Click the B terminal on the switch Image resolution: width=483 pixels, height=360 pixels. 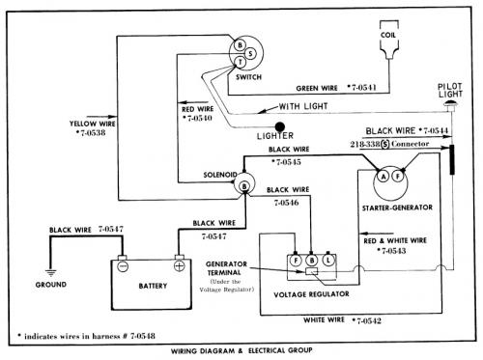[x=240, y=45]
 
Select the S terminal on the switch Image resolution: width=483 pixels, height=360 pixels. [x=250, y=54]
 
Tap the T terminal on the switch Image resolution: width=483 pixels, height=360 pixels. [x=241, y=62]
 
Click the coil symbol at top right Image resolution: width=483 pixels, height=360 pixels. [x=389, y=40]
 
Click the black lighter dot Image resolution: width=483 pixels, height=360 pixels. [x=279, y=127]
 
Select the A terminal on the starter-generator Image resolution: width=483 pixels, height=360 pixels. [x=384, y=177]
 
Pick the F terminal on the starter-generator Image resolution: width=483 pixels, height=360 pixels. [x=398, y=176]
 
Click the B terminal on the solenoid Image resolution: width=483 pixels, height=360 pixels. [x=244, y=186]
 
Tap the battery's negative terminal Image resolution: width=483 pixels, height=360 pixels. [x=123, y=266]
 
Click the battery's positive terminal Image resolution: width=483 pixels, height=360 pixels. [x=180, y=266]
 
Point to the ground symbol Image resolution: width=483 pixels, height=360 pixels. [x=50, y=273]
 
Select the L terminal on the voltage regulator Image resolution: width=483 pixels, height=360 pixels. [x=328, y=260]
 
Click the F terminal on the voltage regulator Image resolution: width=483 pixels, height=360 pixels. [x=296, y=260]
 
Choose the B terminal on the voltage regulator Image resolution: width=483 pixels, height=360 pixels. [x=311, y=260]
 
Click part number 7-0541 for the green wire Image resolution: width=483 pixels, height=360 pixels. [x=362, y=87]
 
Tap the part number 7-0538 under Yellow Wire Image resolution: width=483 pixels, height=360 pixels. [x=91, y=132]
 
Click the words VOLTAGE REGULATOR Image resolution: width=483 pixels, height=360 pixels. [x=311, y=294]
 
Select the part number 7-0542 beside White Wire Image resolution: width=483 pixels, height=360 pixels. [x=367, y=320]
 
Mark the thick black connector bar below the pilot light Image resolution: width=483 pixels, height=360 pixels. [x=452, y=159]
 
